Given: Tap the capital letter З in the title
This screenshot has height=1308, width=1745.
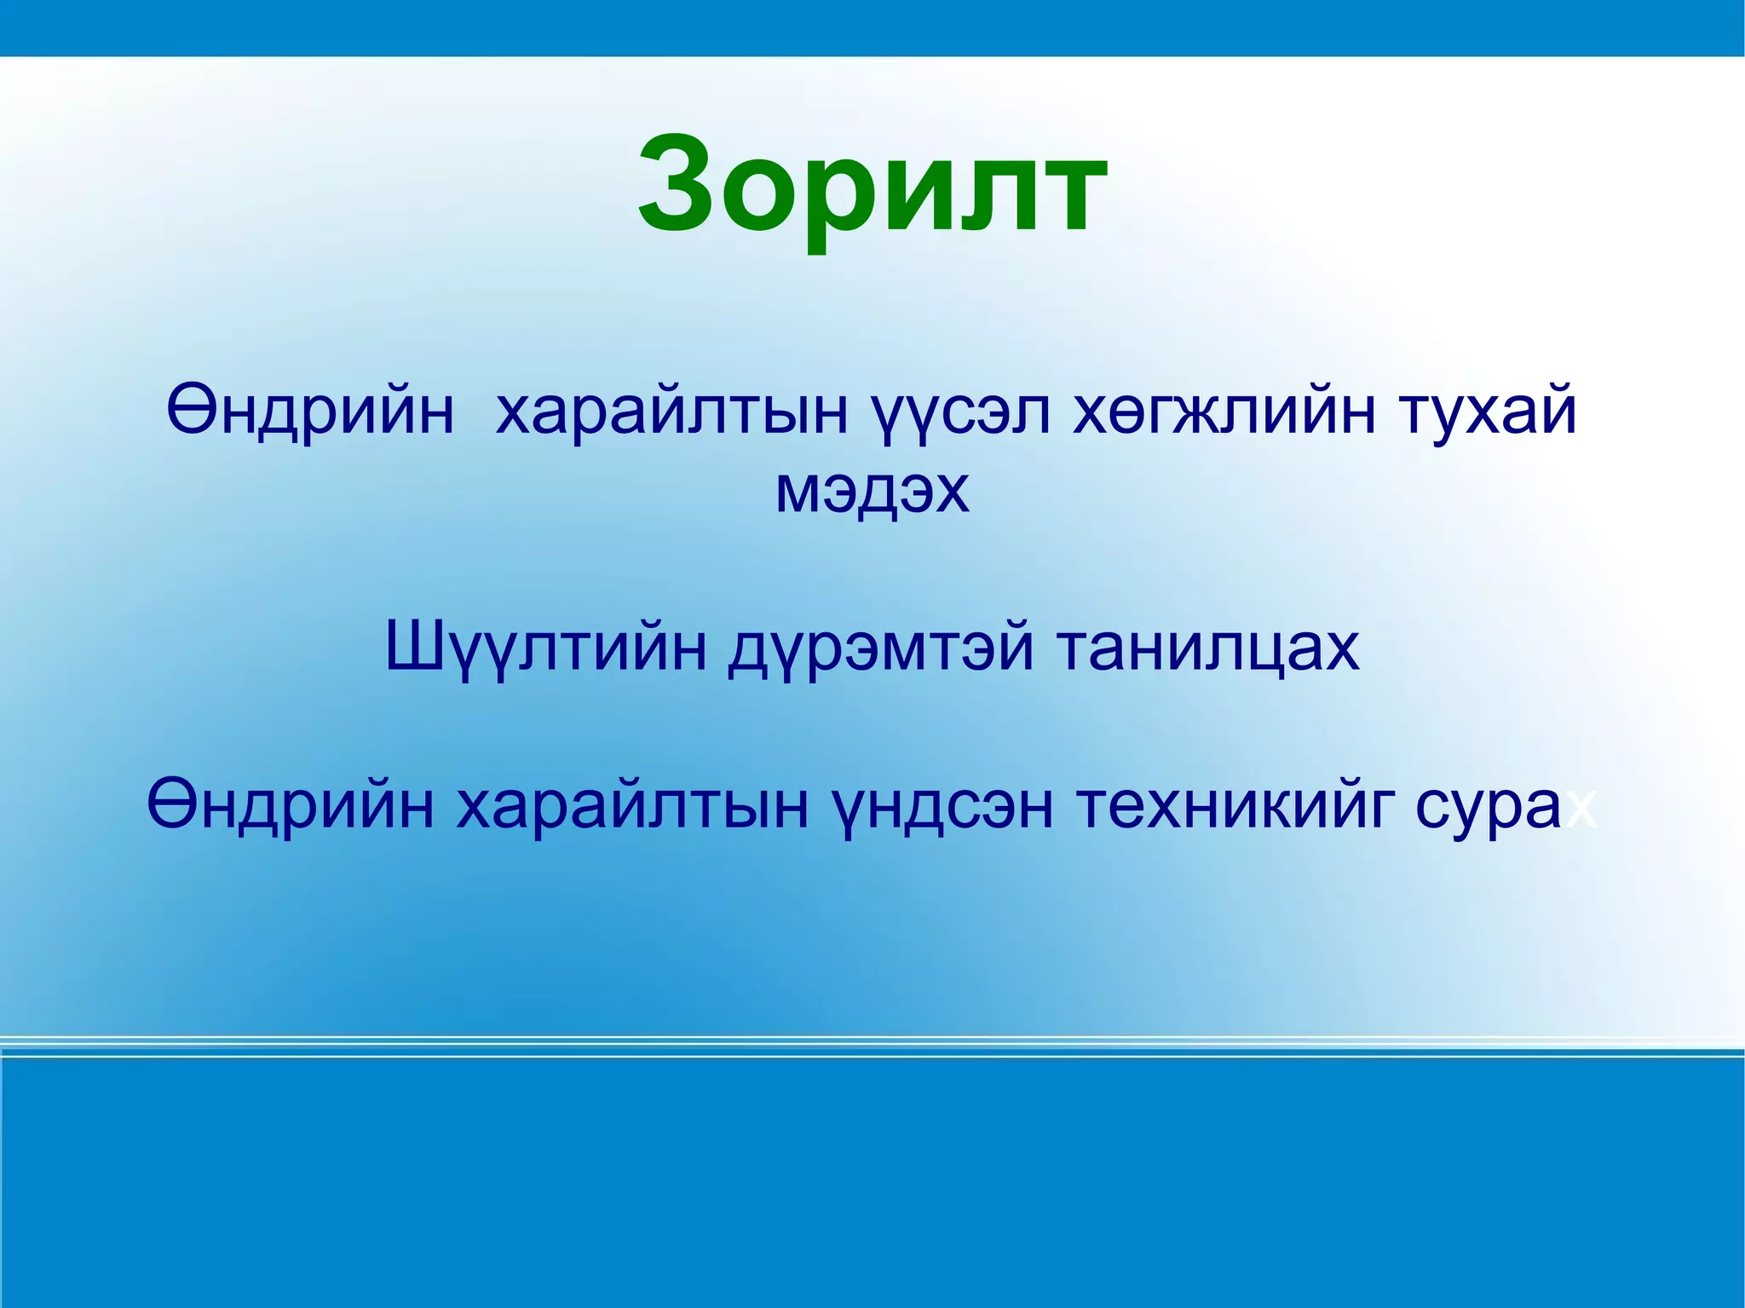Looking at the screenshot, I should click(686, 183).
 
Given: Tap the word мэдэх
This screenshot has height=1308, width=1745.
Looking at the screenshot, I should click(872, 492).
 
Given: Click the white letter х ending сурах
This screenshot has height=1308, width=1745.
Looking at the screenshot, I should click(1581, 811).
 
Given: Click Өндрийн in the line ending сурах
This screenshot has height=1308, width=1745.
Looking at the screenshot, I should click(290, 805).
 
